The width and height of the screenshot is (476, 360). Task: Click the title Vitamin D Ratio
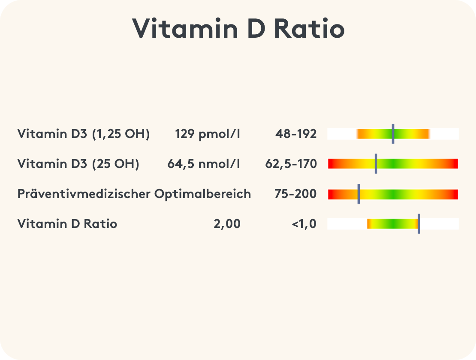click(x=238, y=29)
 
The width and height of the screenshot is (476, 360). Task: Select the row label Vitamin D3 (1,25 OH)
click(x=83, y=134)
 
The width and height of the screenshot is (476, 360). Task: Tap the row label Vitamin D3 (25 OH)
click(x=78, y=164)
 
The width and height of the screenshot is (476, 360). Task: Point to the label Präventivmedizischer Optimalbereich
click(x=134, y=194)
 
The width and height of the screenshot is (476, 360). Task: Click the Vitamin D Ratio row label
click(x=67, y=224)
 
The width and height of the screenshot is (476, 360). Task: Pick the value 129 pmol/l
click(x=208, y=134)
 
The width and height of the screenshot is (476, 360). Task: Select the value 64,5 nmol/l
click(x=204, y=164)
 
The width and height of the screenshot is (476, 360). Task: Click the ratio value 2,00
click(x=227, y=224)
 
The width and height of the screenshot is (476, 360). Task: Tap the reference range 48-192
click(x=296, y=134)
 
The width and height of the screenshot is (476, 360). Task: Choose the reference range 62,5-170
click(x=291, y=164)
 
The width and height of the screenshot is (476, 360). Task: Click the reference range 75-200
click(x=295, y=194)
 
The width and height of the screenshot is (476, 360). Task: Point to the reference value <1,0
click(x=304, y=224)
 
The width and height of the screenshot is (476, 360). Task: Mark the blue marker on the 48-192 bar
click(x=393, y=134)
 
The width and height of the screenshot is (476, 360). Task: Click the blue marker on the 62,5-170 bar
click(x=376, y=164)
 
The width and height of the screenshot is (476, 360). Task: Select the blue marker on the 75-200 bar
click(x=359, y=194)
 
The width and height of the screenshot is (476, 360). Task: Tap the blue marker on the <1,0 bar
click(x=419, y=224)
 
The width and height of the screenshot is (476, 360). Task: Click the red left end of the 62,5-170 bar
click(x=331, y=164)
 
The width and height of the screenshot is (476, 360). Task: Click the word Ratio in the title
click(x=309, y=29)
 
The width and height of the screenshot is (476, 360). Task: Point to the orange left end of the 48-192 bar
click(x=360, y=134)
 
